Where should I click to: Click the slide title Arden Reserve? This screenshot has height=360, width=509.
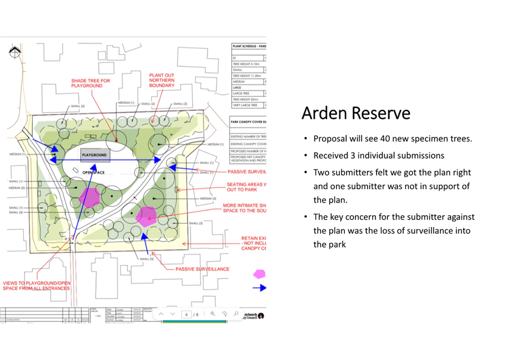tap(355, 113)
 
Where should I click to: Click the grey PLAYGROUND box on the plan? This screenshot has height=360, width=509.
tap(94, 155)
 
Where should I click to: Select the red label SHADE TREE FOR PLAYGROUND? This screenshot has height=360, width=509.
tap(90, 83)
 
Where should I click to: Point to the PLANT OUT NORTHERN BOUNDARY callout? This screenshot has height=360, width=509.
tap(162, 81)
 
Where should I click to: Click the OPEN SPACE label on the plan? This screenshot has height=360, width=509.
tap(93, 173)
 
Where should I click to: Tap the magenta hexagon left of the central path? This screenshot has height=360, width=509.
tap(88, 197)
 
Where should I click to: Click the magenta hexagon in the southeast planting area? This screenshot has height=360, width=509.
tap(146, 216)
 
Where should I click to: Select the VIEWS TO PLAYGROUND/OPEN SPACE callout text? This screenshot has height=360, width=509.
tap(37, 286)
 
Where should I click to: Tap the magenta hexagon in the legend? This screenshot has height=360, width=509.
tap(259, 274)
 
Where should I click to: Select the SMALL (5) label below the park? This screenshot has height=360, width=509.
tap(147, 259)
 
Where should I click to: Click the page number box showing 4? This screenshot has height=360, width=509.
tap(186, 315)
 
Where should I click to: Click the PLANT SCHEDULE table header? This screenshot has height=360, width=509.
tap(249, 46)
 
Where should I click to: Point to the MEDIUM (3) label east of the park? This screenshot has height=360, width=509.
tap(208, 198)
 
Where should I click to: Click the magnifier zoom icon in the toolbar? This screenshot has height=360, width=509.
tap(213, 314)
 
